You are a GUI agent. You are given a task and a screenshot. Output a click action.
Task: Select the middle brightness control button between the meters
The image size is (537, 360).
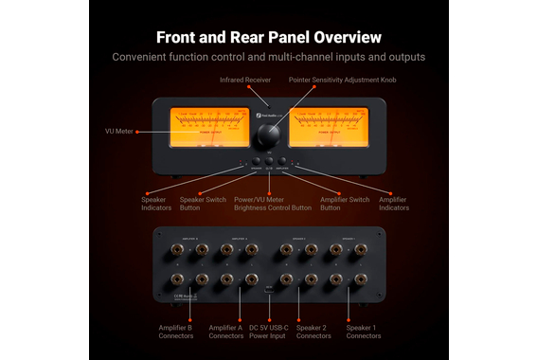[269, 161]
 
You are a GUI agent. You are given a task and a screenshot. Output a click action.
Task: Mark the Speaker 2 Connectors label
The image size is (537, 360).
[315, 332]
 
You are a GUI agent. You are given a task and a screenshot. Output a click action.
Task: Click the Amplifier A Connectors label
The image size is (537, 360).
[225, 332]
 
